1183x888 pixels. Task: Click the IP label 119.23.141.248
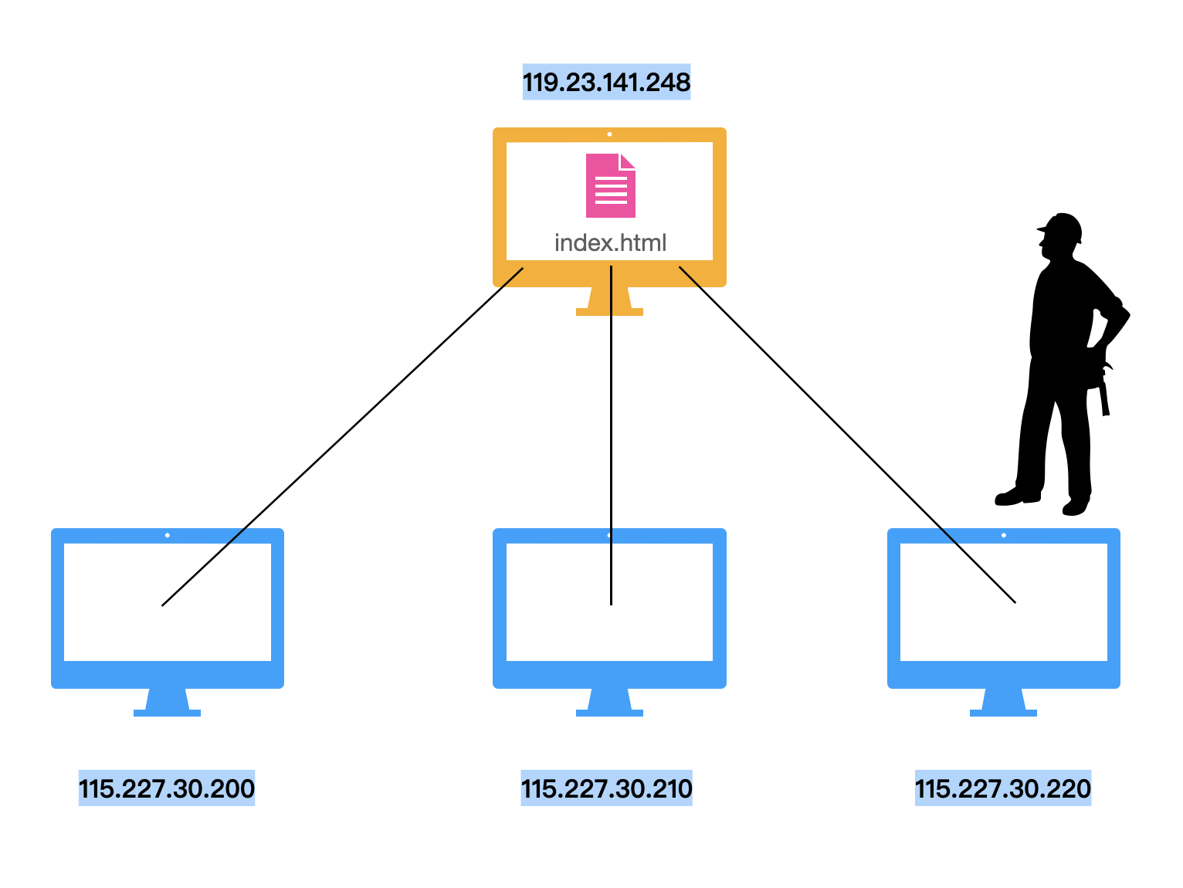pyautogui.click(x=606, y=82)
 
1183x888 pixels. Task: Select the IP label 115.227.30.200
pyautogui.click(x=167, y=788)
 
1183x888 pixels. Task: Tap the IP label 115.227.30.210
pyautogui.click(x=606, y=788)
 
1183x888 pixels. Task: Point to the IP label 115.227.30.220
pyautogui.click(x=1003, y=788)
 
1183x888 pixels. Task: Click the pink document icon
pyautogui.click(x=611, y=185)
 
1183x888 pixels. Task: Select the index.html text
pyautogui.click(x=610, y=242)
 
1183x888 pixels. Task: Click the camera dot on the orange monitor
pyautogui.click(x=609, y=134)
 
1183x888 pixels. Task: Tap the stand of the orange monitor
pyautogui.click(x=609, y=301)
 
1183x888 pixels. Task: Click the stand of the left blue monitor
pyautogui.click(x=167, y=702)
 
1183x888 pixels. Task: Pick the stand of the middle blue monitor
pyautogui.click(x=609, y=702)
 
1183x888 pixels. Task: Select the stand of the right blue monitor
pyautogui.click(x=1003, y=702)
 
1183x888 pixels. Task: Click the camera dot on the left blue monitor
pyautogui.click(x=168, y=535)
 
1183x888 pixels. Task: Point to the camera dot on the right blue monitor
pyautogui.click(x=1004, y=535)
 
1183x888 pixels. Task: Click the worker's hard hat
pyautogui.click(x=1062, y=227)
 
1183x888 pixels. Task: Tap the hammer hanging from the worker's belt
pyautogui.click(x=1104, y=391)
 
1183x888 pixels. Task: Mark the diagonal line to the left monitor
pyautogui.click(x=342, y=436)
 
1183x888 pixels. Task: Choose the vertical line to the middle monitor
pyautogui.click(x=611, y=436)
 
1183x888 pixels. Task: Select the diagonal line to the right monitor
pyautogui.click(x=847, y=434)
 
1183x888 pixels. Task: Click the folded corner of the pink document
pyautogui.click(x=627, y=161)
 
